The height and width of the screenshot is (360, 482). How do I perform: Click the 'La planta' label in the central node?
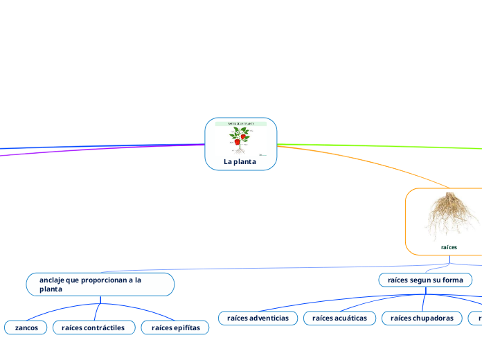[x=240, y=161]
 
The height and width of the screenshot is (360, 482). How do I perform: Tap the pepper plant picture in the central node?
[x=240, y=139]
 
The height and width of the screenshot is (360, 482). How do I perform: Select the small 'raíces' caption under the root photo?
[x=449, y=246]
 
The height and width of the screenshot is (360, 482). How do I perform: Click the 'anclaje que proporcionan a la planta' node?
[x=100, y=284]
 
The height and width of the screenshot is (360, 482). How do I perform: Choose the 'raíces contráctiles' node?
[x=93, y=327]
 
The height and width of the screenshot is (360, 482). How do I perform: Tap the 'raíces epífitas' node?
[x=175, y=327]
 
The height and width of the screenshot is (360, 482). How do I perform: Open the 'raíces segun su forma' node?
[x=425, y=280]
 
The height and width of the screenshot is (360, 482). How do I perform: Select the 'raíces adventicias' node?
[x=258, y=318]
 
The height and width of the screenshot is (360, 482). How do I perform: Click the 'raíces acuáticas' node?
[x=339, y=318]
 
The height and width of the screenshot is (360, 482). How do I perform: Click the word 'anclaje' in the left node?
[x=52, y=280]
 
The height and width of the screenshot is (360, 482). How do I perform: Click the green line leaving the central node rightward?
[x=381, y=146]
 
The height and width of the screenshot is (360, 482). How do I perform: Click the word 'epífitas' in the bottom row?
[x=186, y=327]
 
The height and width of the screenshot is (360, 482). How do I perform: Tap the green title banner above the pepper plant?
[x=240, y=123]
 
